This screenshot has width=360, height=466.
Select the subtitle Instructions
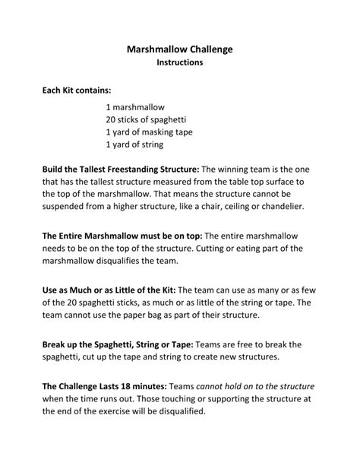point(179,63)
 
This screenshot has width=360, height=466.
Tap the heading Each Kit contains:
point(77,90)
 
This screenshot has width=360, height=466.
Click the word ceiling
point(212,205)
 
